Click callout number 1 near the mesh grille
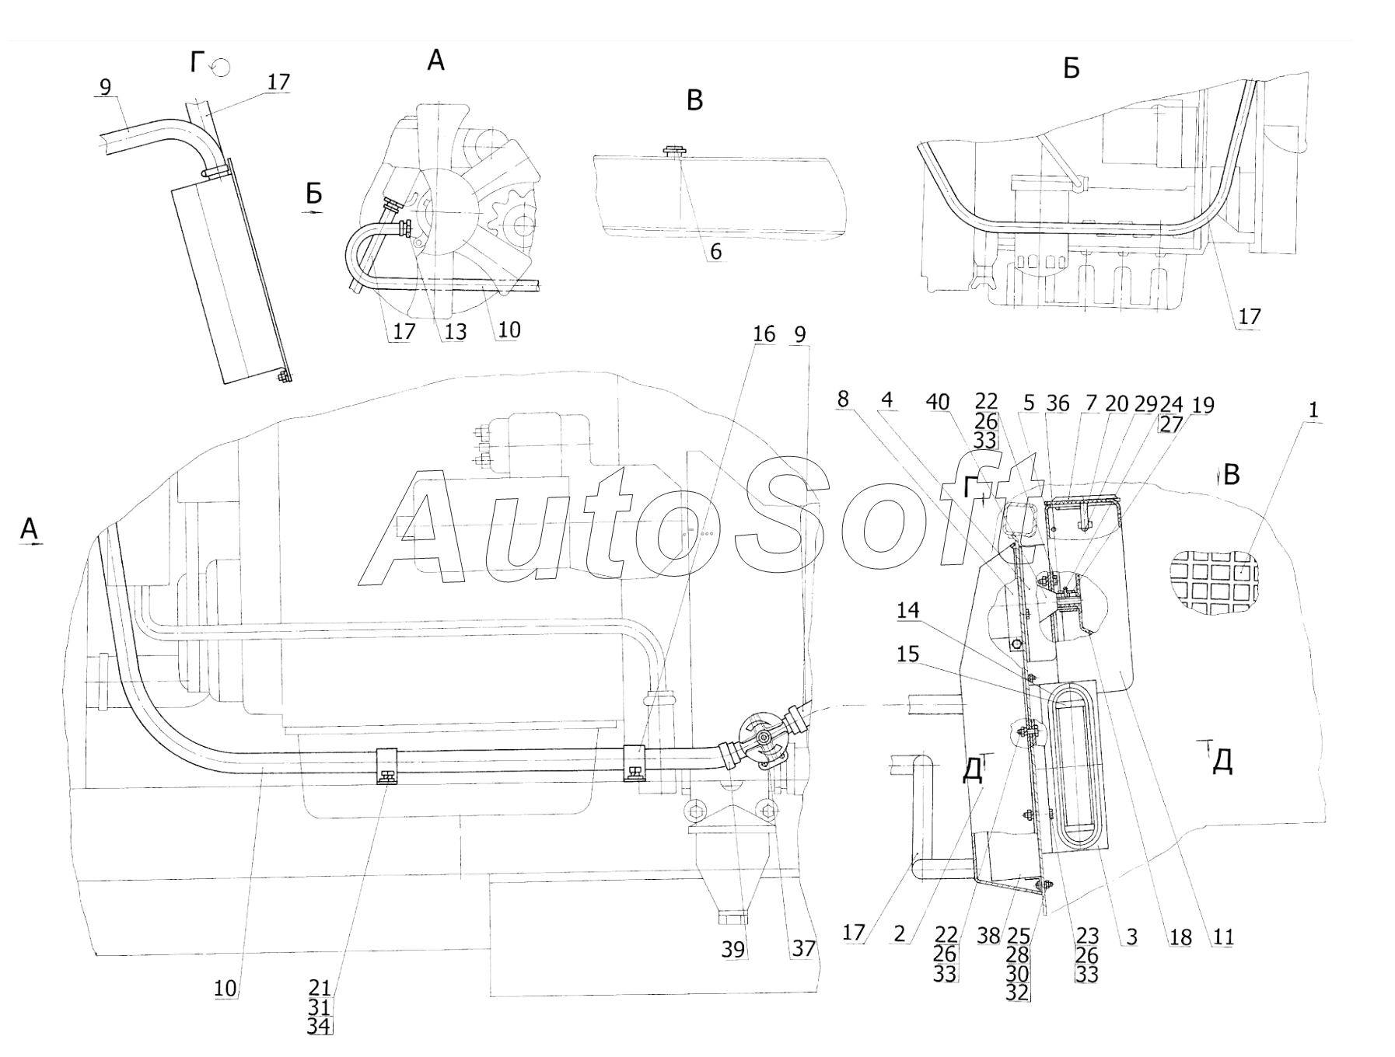1313,410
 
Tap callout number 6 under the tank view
716,252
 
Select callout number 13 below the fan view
455,332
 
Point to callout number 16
764,334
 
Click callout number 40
938,402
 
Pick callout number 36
1058,403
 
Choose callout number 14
908,611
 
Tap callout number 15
908,654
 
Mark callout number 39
733,949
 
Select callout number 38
988,937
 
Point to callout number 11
1223,937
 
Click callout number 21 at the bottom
320,989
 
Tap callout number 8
843,399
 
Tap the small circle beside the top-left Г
220,67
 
